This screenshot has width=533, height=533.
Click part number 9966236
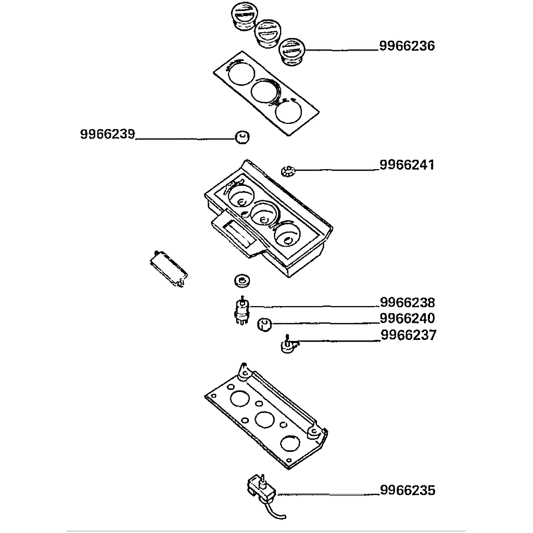(407, 46)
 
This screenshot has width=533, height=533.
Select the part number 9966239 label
(108, 134)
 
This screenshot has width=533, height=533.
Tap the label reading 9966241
(407, 166)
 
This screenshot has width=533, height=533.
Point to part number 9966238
(407, 302)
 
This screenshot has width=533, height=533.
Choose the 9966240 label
(407, 318)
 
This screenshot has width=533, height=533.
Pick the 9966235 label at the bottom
(407, 490)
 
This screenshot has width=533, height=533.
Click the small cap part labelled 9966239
(241, 137)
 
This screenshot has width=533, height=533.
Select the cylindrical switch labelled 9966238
(242, 311)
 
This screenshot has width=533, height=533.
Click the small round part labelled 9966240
(264, 325)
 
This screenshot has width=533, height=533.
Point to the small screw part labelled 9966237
(288, 345)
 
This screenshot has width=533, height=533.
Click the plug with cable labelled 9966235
(261, 489)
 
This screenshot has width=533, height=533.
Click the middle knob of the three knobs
(267, 33)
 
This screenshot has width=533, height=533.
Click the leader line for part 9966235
(328, 493)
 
